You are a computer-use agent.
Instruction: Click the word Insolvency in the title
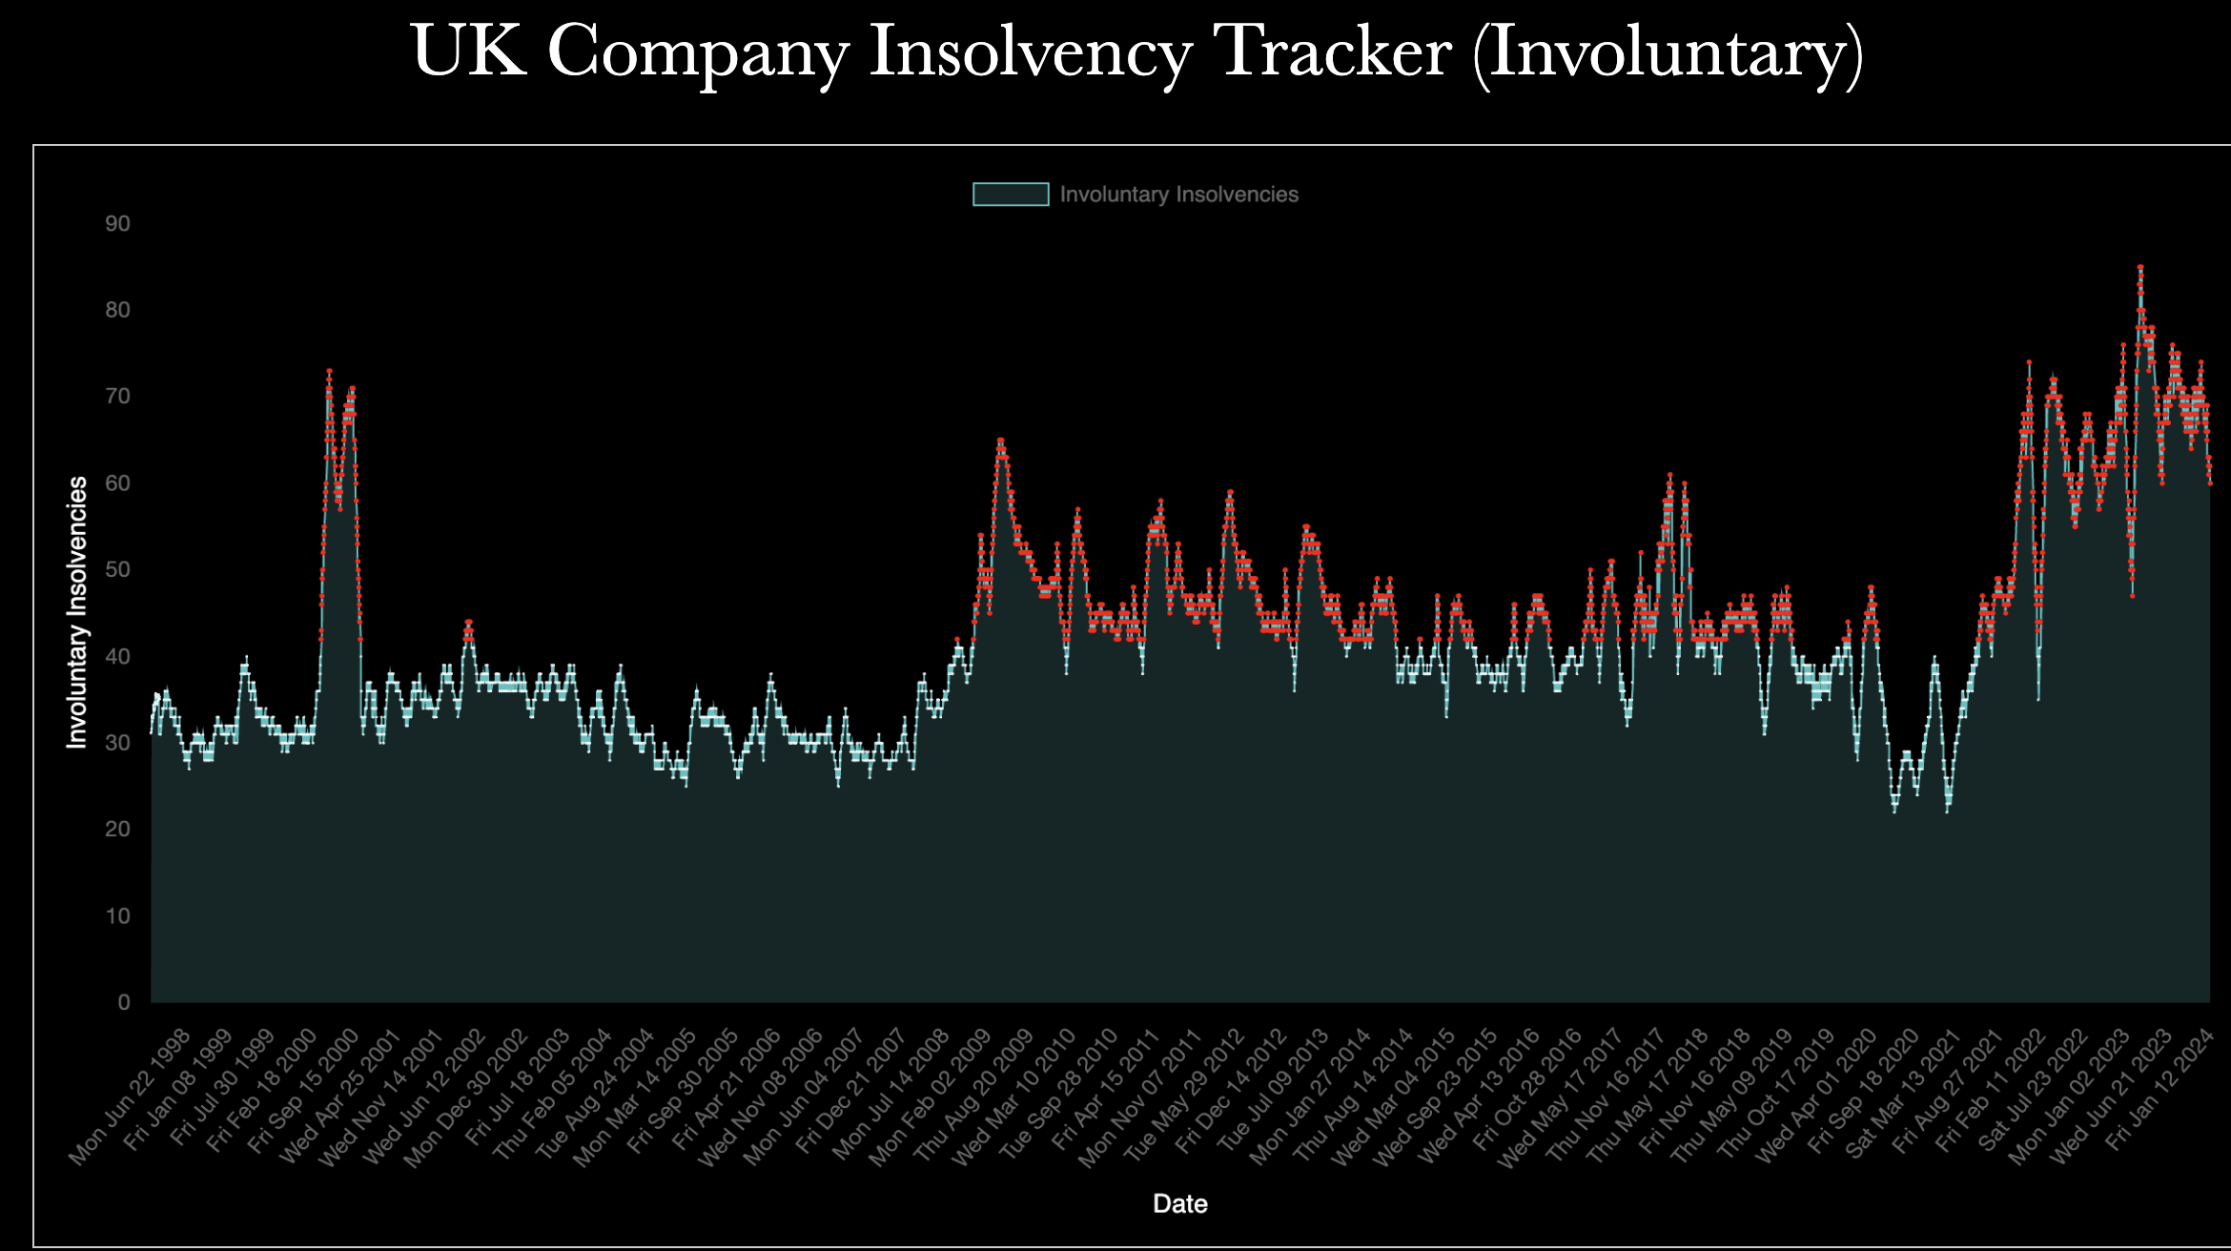click(x=1031, y=52)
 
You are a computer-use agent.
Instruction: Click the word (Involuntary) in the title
click(x=1668, y=54)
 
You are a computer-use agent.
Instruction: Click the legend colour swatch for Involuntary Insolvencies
click(x=1011, y=195)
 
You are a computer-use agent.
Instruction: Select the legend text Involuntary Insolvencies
click(x=1178, y=195)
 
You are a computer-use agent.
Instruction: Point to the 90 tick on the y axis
click(x=118, y=224)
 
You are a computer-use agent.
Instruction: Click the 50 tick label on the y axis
click(x=118, y=570)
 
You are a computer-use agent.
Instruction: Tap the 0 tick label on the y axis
click(x=124, y=1002)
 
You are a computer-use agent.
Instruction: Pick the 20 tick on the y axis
click(x=118, y=830)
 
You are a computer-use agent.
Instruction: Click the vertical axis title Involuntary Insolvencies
click(x=77, y=612)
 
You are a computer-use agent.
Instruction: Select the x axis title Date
click(x=1179, y=1204)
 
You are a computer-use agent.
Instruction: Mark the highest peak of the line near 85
click(x=2140, y=268)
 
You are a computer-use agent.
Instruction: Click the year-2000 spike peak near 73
click(x=329, y=371)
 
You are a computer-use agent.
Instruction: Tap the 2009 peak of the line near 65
click(x=1000, y=441)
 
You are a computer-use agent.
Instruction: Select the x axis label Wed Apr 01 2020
click(x=1817, y=1097)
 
